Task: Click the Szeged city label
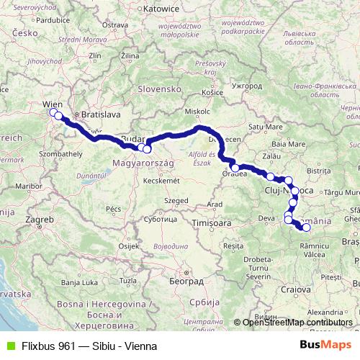point(175,199)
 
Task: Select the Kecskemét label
point(159,180)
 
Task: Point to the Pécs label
point(114,208)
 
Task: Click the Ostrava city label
point(114,25)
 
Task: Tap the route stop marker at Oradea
point(235,168)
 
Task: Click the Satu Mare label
point(264,127)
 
